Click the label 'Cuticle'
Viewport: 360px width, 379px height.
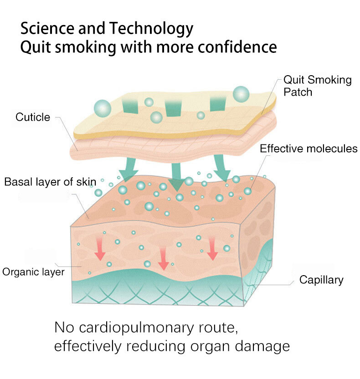pos(32,117)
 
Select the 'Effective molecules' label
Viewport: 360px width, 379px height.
pos(309,149)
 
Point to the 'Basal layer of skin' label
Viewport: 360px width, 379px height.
pos(50,182)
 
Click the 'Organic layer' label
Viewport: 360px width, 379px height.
pos(33,272)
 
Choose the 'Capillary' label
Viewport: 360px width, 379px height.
pos(321,280)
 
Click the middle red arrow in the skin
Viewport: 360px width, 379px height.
pos(163,259)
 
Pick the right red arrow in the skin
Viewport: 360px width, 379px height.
pos(212,249)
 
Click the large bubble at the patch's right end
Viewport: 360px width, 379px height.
pos(242,94)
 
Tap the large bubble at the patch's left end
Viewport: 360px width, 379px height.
pos(103,109)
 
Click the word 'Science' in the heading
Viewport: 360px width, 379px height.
pos(46,29)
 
